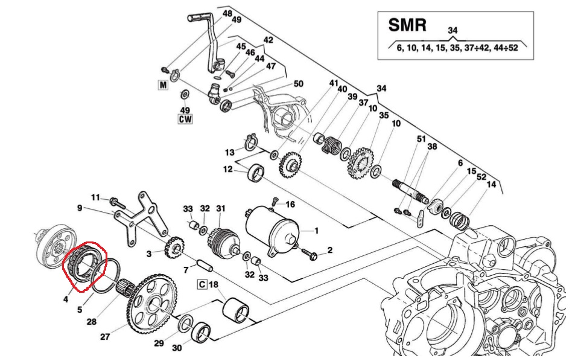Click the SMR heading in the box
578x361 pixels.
[408, 25]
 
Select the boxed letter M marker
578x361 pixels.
[162, 85]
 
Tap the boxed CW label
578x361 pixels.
[185, 119]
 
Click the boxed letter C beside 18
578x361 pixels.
[202, 284]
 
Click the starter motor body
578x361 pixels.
[272, 230]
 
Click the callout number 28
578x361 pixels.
[91, 322]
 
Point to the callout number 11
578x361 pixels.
[96, 197]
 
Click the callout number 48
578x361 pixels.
[227, 13]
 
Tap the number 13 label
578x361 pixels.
[230, 152]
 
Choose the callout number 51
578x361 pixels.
[421, 139]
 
